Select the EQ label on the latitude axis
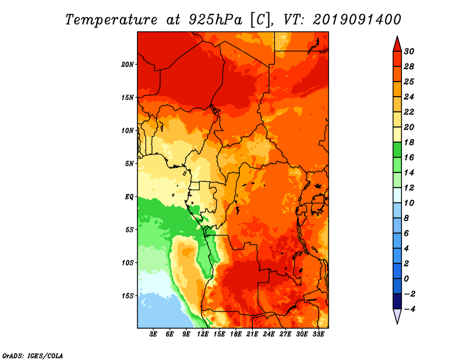coord(129,197)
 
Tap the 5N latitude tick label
coord(129,164)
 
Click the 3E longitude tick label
coord(154,334)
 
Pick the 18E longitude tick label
coord(236,334)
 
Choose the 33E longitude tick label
coord(318,334)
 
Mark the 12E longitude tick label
coord(203,334)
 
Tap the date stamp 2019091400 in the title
coord(356,19)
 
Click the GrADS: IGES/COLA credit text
coord(32,355)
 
